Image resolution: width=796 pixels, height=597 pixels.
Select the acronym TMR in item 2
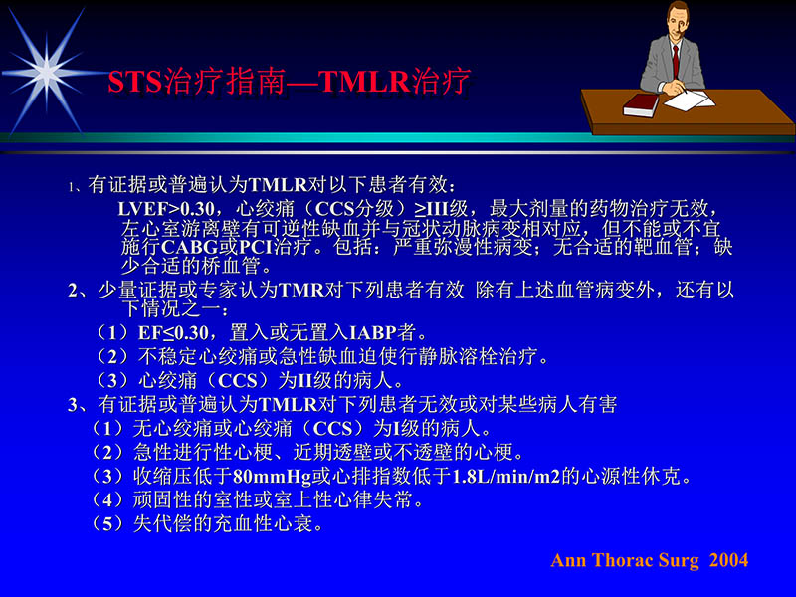298,291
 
